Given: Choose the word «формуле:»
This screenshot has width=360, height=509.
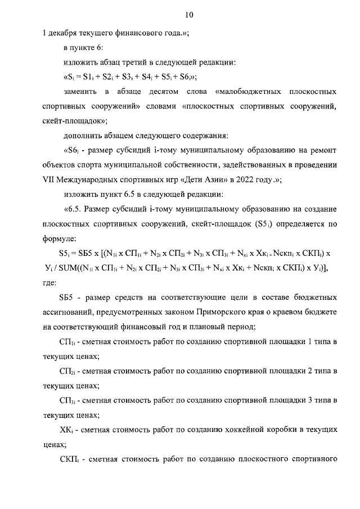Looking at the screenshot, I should click(x=59, y=238).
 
